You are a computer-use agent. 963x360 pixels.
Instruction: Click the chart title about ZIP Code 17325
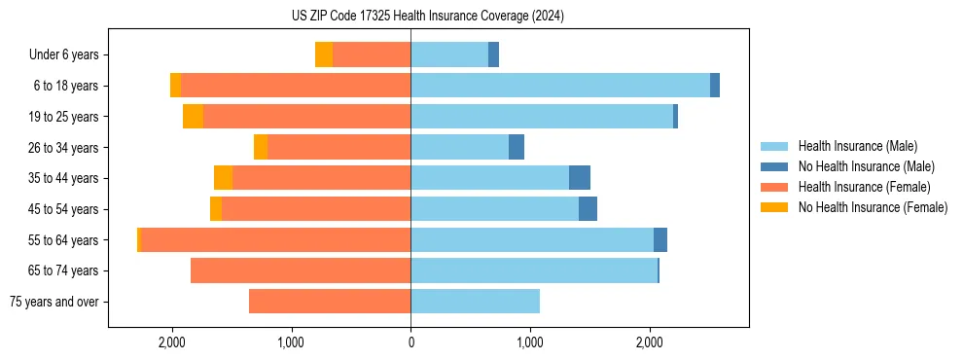tap(427, 16)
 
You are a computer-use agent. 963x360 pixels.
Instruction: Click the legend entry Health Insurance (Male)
tap(857, 146)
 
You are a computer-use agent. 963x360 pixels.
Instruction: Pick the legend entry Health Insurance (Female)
tap(864, 187)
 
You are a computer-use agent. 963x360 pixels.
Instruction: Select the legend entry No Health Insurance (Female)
tap(873, 207)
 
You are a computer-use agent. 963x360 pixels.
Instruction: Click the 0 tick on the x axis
tap(410, 342)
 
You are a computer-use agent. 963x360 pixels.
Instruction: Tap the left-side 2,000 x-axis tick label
tap(172, 342)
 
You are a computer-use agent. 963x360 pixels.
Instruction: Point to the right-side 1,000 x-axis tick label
tap(530, 342)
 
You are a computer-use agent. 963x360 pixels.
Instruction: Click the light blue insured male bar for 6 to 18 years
tap(560, 86)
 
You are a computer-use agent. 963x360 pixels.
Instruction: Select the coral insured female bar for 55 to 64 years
tap(276, 240)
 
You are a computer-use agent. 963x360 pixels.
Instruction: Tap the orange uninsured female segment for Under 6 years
tap(324, 54)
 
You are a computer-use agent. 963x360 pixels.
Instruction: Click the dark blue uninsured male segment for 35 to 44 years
tap(580, 178)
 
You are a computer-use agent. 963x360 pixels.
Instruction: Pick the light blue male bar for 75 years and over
tap(475, 302)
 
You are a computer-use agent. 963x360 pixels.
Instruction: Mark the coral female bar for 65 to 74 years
tap(301, 270)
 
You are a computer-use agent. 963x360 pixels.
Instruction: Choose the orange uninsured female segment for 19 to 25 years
tap(193, 117)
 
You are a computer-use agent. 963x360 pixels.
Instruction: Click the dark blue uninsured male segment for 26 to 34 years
tap(517, 147)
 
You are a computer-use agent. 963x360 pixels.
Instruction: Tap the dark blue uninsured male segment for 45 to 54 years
tap(588, 209)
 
